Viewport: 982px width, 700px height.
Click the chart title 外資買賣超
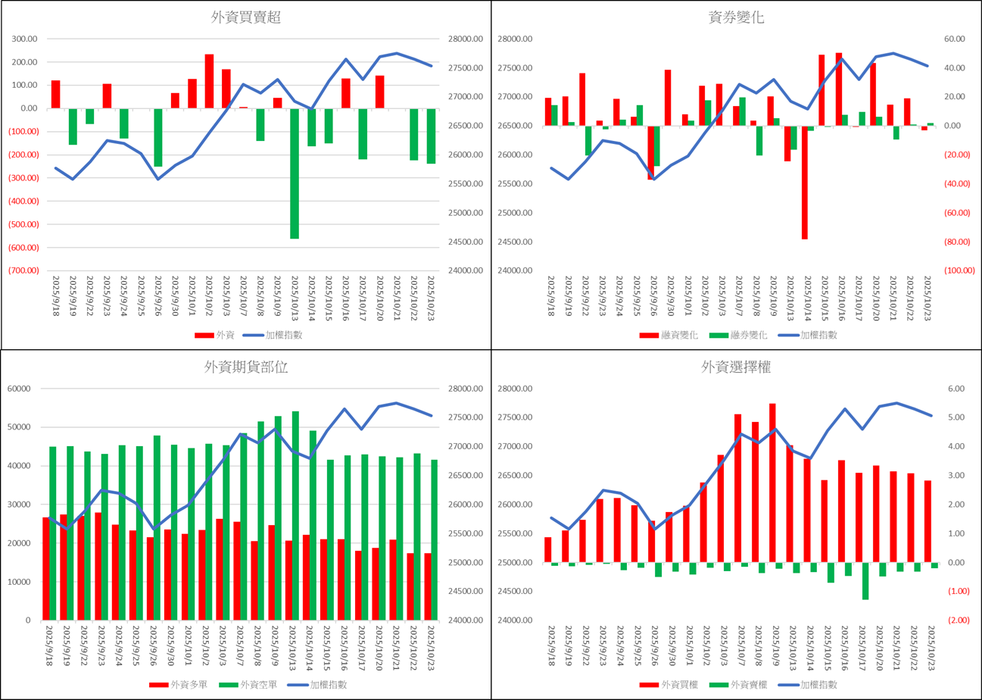[x=245, y=17]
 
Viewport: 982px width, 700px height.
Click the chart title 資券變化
[x=736, y=17]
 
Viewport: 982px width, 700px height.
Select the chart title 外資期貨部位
[x=245, y=367]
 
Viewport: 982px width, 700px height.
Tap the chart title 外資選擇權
[x=736, y=367]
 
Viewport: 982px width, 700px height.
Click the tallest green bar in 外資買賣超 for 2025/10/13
[x=294, y=173]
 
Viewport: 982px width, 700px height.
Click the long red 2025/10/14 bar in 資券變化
[x=804, y=182]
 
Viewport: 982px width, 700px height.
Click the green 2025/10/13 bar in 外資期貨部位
[x=295, y=515]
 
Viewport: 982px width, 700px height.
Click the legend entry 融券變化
[x=737, y=335]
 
